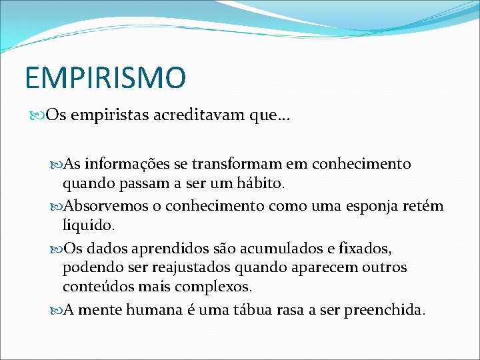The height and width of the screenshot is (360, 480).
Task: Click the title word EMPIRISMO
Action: (105, 77)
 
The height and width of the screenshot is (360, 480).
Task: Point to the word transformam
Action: (247, 164)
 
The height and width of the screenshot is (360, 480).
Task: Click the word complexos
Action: (215, 287)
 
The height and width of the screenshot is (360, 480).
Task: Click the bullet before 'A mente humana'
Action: (54, 311)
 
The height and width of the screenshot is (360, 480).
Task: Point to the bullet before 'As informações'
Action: (54, 164)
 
